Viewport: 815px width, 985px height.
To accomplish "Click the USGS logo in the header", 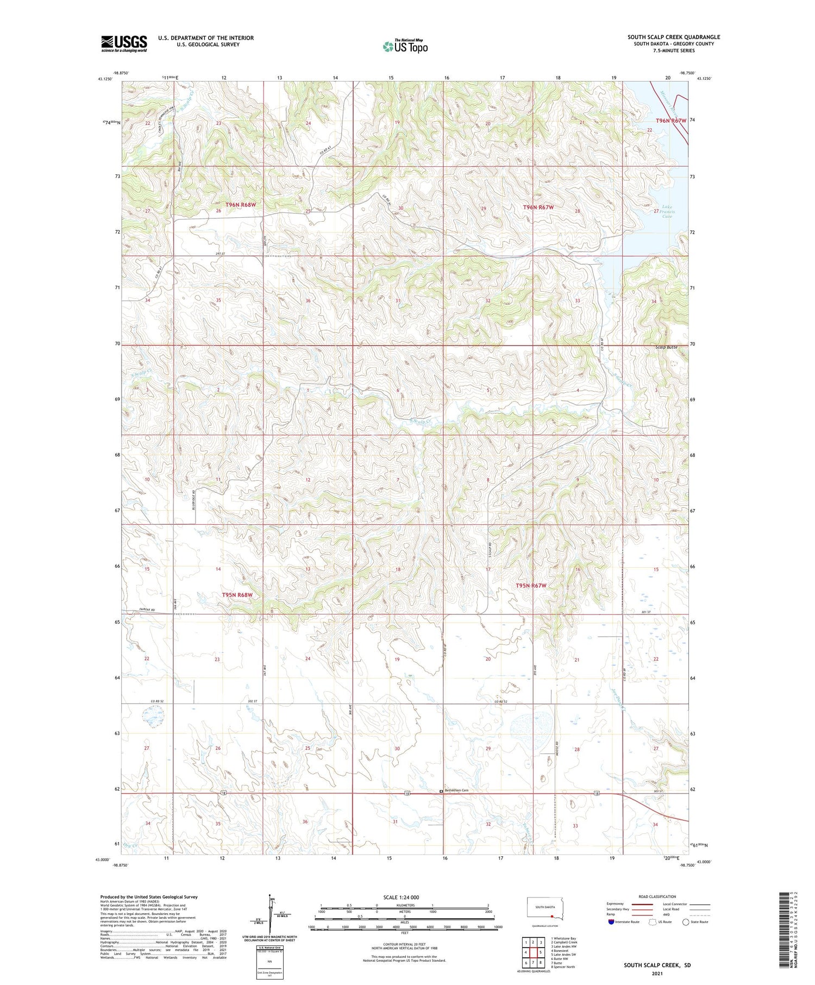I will [x=124, y=43].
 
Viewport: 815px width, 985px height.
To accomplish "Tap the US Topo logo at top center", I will [x=405, y=46].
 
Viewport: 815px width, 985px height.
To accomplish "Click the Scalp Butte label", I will [x=666, y=347].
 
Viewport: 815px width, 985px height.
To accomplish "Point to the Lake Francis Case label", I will [x=667, y=212].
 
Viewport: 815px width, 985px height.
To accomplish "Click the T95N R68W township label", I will [x=237, y=595].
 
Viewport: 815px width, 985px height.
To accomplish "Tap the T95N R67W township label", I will [x=530, y=586].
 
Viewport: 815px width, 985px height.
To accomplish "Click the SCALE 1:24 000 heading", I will [x=404, y=897].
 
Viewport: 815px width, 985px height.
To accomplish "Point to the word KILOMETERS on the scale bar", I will [x=404, y=905].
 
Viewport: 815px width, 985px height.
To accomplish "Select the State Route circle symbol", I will [x=686, y=921].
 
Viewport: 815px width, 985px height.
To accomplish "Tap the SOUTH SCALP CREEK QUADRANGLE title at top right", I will [x=674, y=37].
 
